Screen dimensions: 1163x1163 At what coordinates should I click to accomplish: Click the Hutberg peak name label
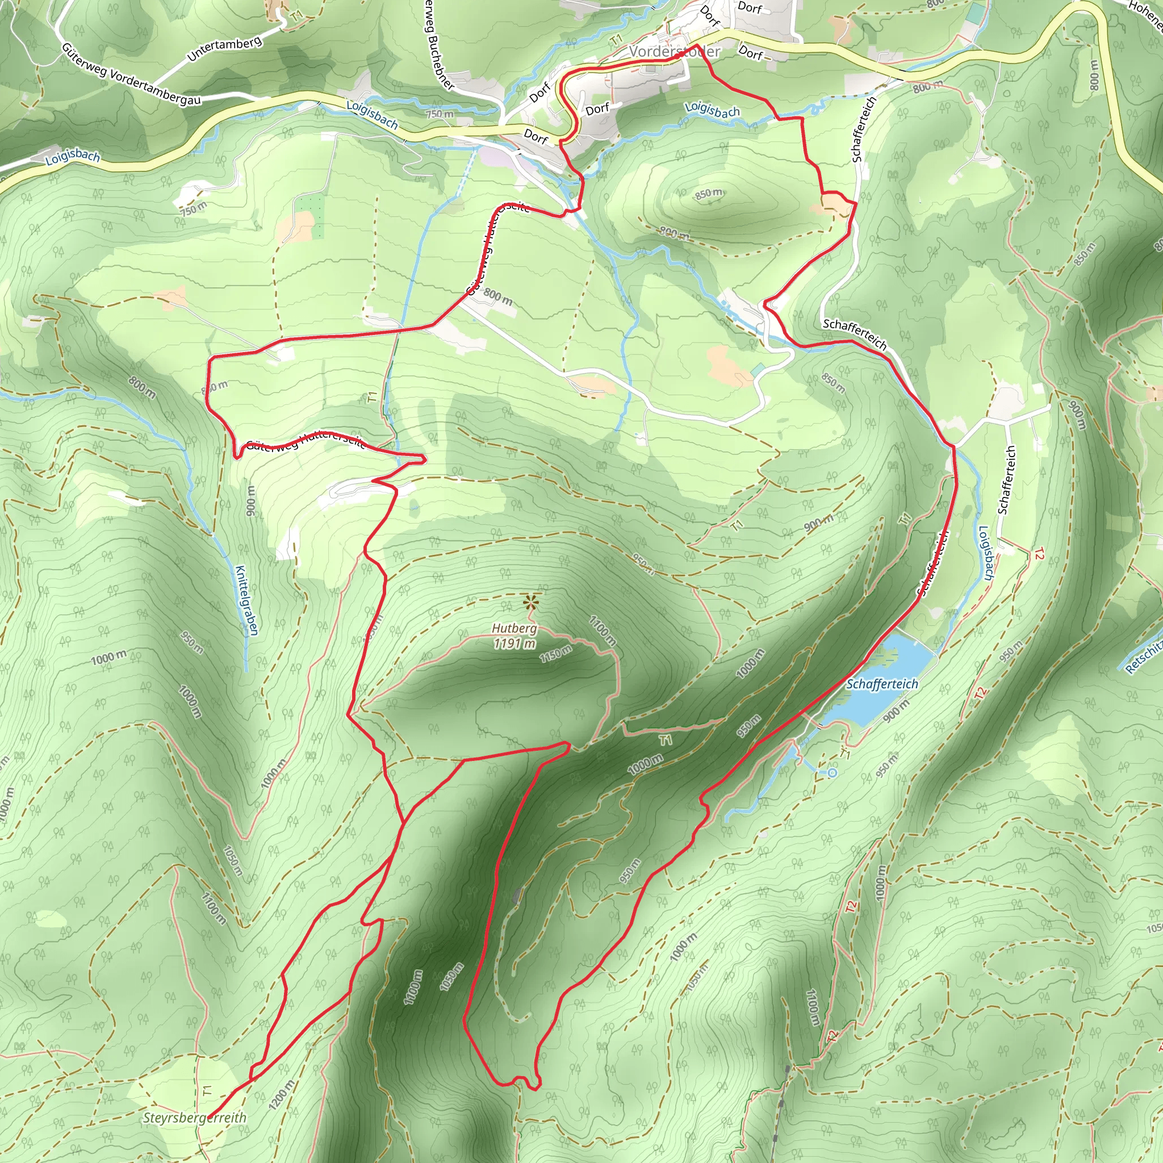coord(514,629)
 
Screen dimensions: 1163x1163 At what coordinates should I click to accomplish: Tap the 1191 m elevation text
coord(514,643)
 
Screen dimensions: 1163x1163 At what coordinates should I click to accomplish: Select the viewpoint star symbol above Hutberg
coord(530,601)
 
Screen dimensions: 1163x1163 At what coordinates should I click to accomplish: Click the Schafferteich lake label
coord(882,684)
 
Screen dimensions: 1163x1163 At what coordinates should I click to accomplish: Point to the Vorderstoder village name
coord(674,52)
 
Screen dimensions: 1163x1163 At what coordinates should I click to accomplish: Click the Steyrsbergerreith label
coord(194,1118)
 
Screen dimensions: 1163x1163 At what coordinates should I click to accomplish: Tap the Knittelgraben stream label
coord(247,600)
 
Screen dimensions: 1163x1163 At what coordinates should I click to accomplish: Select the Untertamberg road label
coord(224,49)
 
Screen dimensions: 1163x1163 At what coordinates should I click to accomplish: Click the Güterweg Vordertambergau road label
coord(131,77)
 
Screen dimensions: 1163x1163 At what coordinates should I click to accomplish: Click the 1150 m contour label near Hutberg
coord(555,654)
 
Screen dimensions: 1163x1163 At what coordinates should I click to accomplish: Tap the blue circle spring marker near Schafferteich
coord(832,773)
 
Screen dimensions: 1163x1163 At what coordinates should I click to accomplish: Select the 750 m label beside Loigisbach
coord(440,114)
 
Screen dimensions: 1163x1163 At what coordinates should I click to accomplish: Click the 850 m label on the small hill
coord(709,194)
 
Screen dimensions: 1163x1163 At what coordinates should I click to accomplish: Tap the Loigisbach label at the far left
coord(72,157)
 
